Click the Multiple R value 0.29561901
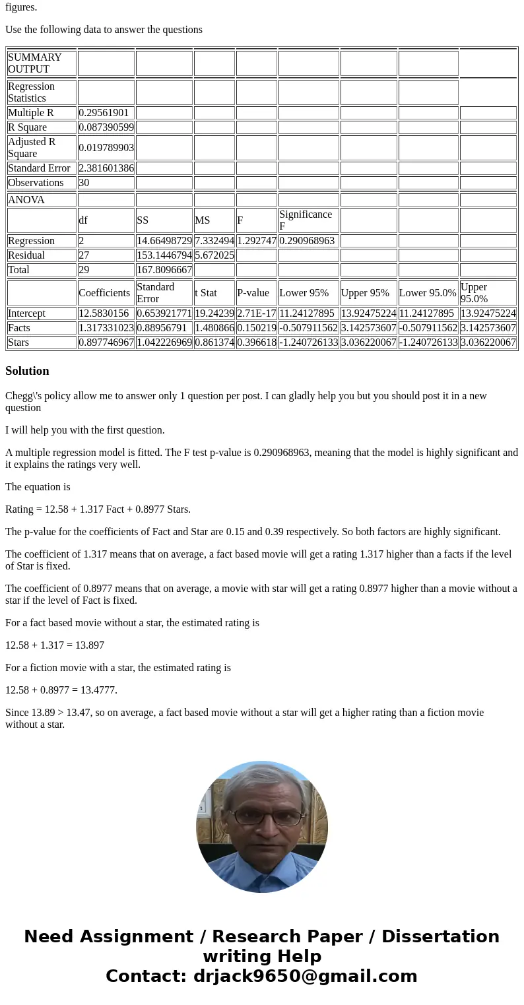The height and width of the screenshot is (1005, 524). coord(104,113)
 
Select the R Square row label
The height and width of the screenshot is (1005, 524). coord(27,127)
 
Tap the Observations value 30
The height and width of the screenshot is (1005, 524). coord(84,183)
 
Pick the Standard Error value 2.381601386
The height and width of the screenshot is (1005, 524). coord(106,168)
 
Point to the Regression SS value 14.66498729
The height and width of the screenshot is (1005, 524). coord(164,241)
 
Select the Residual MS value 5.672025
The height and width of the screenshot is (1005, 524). coord(214,255)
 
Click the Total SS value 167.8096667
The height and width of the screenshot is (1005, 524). coord(164,270)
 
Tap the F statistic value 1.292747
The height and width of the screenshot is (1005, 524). coord(257,241)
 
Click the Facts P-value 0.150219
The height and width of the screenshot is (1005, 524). coord(257,328)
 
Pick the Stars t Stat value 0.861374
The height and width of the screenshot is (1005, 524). coord(214,342)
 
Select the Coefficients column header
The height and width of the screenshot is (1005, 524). coord(104,293)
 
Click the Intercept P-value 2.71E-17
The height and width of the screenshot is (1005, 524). coord(257,313)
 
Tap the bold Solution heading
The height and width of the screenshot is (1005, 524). coord(27,371)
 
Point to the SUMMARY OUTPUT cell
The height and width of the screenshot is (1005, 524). coord(35,63)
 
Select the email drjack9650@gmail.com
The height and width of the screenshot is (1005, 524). coord(305,976)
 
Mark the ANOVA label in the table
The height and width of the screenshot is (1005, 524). coord(26,200)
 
